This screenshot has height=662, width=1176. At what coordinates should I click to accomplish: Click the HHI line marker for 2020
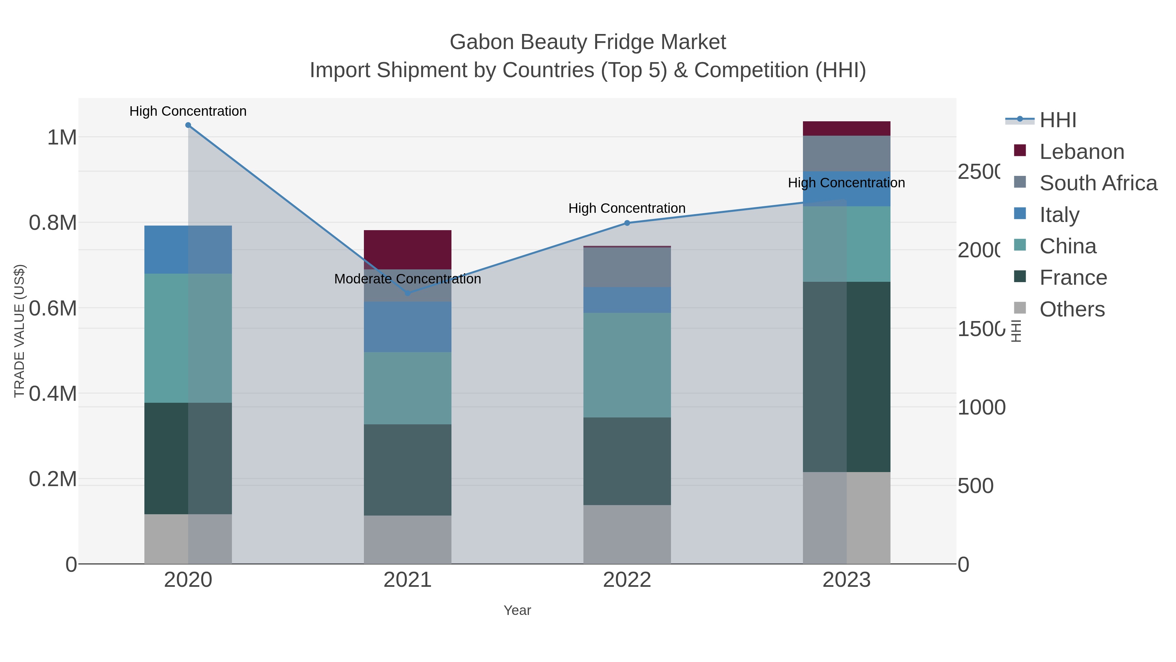tap(188, 125)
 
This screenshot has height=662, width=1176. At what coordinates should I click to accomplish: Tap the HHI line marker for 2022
tap(627, 223)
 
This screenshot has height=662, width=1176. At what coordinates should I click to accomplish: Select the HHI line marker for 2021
tap(408, 293)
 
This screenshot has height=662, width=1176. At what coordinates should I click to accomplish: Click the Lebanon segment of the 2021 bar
tap(407, 249)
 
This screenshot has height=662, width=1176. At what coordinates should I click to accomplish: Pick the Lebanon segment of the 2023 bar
tap(846, 128)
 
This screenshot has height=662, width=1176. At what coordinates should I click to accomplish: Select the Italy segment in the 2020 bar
tap(188, 249)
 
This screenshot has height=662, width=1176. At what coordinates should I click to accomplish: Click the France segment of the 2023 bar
tap(846, 377)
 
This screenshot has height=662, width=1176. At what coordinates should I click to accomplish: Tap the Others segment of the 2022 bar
tap(627, 534)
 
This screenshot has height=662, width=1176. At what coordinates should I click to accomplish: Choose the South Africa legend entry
tap(1098, 183)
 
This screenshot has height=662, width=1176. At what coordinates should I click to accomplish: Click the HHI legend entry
tap(1058, 120)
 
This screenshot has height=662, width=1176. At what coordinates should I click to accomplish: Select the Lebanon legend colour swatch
tap(1020, 151)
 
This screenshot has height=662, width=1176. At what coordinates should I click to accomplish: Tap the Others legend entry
tap(1072, 309)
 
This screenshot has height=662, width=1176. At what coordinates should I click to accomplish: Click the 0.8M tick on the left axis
tap(53, 223)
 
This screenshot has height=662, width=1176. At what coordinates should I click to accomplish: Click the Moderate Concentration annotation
tap(407, 279)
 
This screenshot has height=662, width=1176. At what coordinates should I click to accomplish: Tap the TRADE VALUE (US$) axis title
tap(19, 331)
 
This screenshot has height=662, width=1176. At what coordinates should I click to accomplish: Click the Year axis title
tap(517, 610)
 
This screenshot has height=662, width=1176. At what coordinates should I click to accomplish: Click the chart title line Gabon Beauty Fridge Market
tap(588, 42)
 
